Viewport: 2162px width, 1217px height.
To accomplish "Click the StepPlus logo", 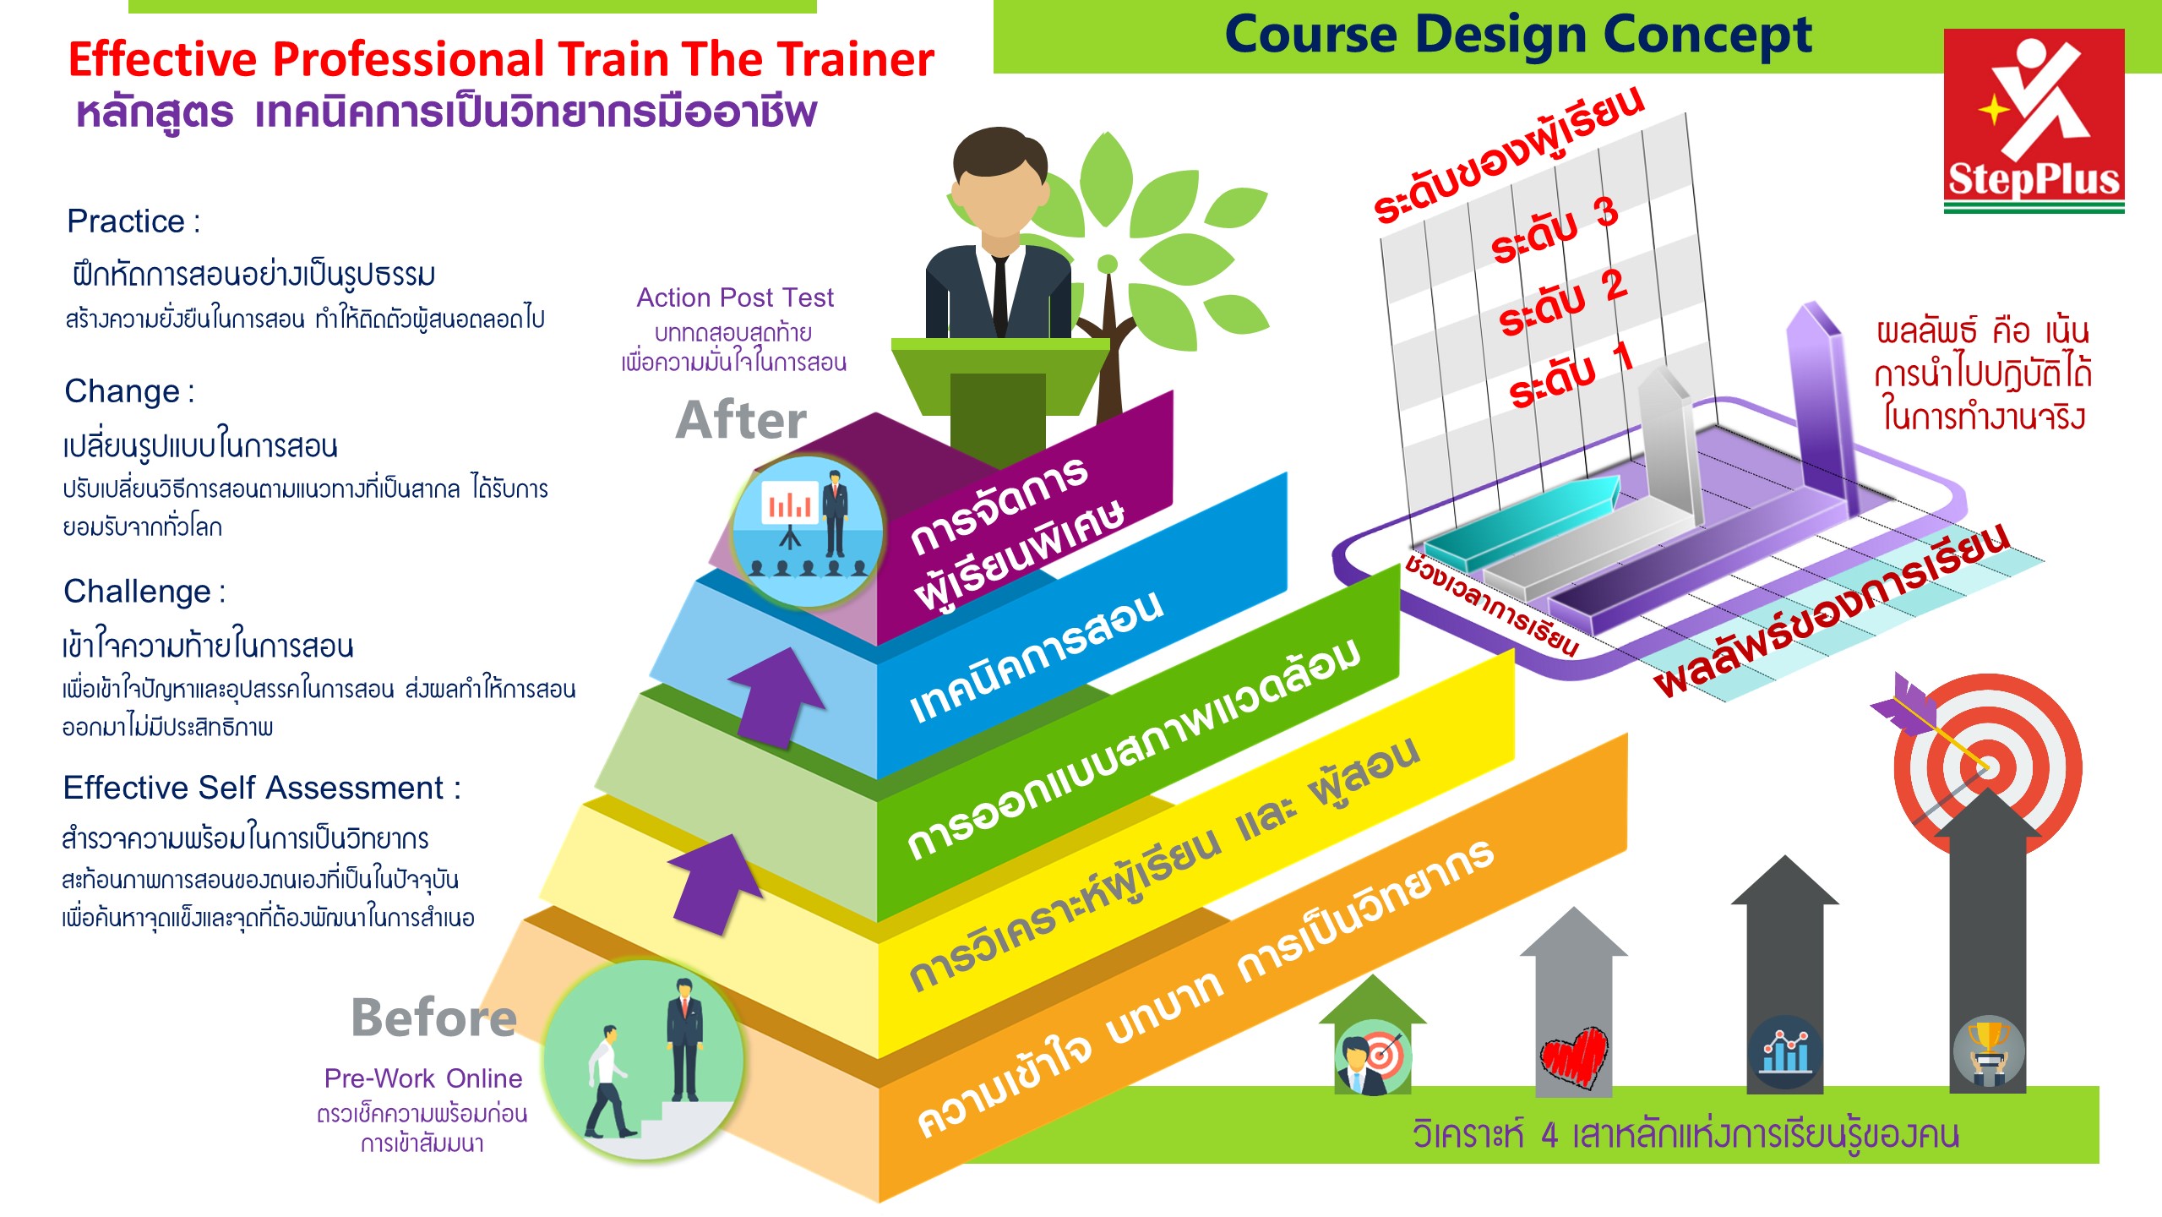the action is [2034, 121].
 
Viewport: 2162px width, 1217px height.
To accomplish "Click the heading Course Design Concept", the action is [1518, 36].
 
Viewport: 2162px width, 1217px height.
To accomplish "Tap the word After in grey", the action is [741, 420].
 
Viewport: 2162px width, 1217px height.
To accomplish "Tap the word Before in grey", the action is [433, 1017].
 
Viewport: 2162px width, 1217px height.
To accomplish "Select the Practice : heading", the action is [133, 221].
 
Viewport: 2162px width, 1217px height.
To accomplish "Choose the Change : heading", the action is [129, 391].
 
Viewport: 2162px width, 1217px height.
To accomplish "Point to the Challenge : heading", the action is [144, 592].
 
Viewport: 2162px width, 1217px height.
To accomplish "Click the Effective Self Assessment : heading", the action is [262, 788].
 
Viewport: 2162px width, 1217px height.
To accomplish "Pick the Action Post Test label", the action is [735, 297].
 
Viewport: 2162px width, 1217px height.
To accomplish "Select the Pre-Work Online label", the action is [423, 1078].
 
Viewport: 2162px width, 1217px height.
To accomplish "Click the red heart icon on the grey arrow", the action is [1573, 1057].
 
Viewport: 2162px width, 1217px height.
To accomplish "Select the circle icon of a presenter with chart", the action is [807, 531].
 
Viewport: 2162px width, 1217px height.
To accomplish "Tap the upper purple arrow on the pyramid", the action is [776, 696].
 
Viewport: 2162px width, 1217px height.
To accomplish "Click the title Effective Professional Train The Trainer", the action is [501, 59].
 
